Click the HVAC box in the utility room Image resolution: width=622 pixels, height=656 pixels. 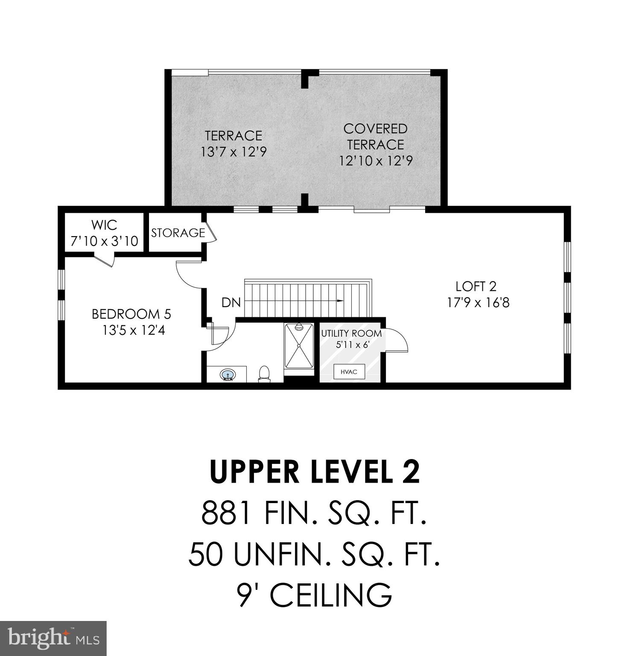click(349, 372)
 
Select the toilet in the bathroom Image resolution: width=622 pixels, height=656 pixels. click(264, 373)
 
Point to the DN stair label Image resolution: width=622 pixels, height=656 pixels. click(231, 303)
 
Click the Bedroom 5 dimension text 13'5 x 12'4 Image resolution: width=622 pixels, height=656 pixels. click(133, 330)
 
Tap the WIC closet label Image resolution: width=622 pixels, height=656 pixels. click(104, 225)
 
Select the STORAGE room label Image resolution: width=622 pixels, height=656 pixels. click(178, 233)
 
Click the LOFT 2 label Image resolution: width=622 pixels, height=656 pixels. click(476, 286)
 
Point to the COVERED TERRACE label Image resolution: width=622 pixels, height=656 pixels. click(375, 137)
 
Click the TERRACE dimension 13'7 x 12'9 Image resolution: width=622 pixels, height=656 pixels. click(234, 152)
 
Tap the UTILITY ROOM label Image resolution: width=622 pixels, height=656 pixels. click(351, 333)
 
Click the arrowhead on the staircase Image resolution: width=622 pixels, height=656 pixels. click(340, 301)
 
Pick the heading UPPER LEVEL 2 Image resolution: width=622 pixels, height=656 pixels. click(315, 472)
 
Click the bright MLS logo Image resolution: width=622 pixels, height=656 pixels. click(53, 638)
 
